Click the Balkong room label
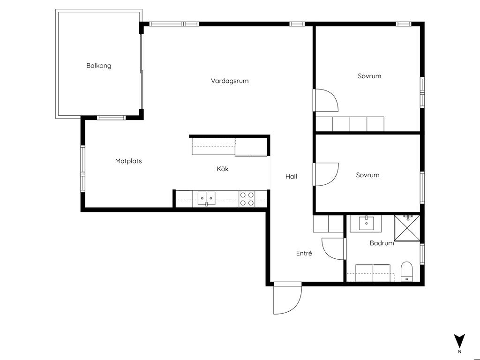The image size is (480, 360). click(x=98, y=66)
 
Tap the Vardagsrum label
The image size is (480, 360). click(x=230, y=81)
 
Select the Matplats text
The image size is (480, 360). click(x=128, y=161)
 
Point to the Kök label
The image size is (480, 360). click(x=223, y=169)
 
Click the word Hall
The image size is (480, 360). click(x=291, y=176)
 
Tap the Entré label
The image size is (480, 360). click(x=304, y=253)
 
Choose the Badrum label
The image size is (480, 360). click(x=382, y=243)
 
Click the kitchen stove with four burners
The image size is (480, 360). click(x=247, y=199)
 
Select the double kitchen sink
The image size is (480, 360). click(x=206, y=198)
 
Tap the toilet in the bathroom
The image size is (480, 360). click(x=407, y=271)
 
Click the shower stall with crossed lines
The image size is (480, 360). click(x=407, y=228)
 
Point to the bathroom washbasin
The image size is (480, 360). click(x=366, y=223)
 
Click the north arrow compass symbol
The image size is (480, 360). click(x=459, y=341)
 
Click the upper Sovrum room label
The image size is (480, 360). click(x=369, y=76)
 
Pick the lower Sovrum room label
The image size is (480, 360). click(x=367, y=175)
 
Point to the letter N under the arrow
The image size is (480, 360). click(x=459, y=352)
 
